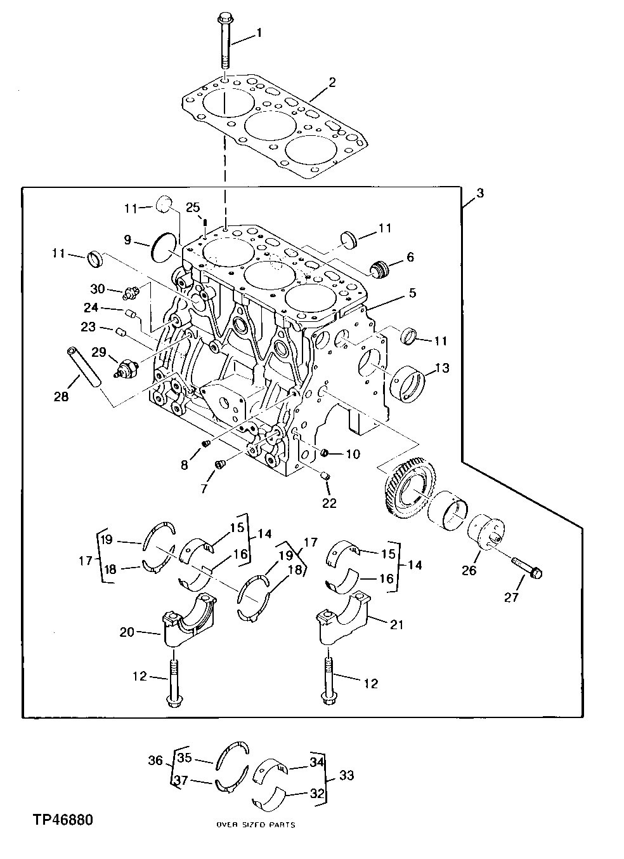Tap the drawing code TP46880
coord(63,820)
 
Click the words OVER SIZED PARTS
coord(256,825)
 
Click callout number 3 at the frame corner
coord(479,193)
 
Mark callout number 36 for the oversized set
coord(155,759)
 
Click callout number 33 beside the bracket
coord(346,775)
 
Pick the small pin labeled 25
coord(205,222)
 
